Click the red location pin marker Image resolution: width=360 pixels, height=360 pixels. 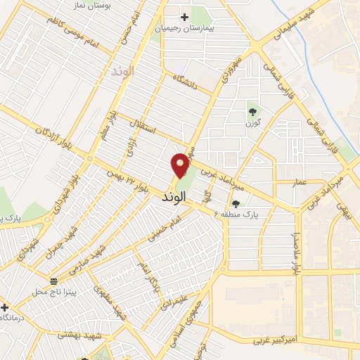point(181,165)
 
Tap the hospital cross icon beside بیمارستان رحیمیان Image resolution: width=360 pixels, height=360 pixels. point(185,16)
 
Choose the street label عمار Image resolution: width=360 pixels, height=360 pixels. point(300,182)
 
